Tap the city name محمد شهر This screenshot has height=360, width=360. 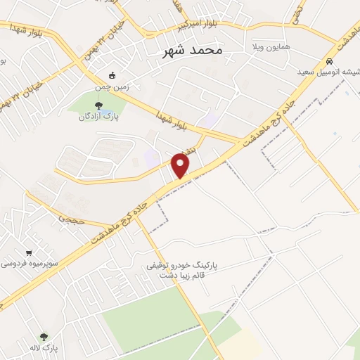193,51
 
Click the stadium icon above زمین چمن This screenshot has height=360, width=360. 111,75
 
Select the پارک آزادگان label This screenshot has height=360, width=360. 97,117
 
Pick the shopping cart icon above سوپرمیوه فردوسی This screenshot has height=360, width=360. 28,252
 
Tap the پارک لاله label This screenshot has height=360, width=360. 50,348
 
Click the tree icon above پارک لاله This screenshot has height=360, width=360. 44,337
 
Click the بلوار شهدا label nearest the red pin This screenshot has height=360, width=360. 169,117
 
